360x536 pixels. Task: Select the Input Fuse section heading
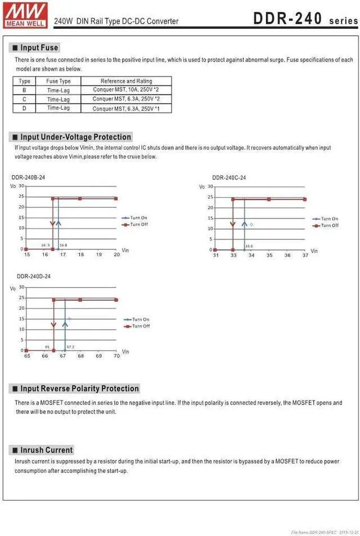pyautogui.click(x=39, y=48)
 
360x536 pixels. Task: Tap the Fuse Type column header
pyautogui.click(x=58, y=81)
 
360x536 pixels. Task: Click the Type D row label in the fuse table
pyautogui.click(x=24, y=108)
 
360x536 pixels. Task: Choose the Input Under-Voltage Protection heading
pyautogui.click(x=75, y=137)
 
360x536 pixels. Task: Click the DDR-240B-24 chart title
pyautogui.click(x=28, y=177)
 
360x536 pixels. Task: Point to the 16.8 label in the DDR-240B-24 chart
pyautogui.click(x=63, y=245)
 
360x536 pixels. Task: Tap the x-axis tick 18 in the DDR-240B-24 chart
pyautogui.click(x=80, y=254)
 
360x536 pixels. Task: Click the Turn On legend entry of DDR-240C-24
pyautogui.click(x=329, y=218)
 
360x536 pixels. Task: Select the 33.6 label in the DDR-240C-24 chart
pyautogui.click(x=249, y=246)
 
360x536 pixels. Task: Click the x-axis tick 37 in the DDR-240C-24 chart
pyautogui.click(x=305, y=255)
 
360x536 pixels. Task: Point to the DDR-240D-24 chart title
pyautogui.click(x=34, y=276)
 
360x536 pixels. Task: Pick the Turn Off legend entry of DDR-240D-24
pyautogui.click(x=140, y=326)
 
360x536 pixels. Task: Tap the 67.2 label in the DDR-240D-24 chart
pyautogui.click(x=70, y=347)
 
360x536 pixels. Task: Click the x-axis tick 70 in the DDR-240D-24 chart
pyautogui.click(x=116, y=356)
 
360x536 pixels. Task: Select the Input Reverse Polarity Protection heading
pyautogui.click(x=80, y=388)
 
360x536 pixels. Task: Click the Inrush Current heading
pyautogui.click(x=47, y=450)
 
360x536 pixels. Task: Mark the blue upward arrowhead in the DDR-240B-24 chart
pyautogui.click(x=58, y=223)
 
